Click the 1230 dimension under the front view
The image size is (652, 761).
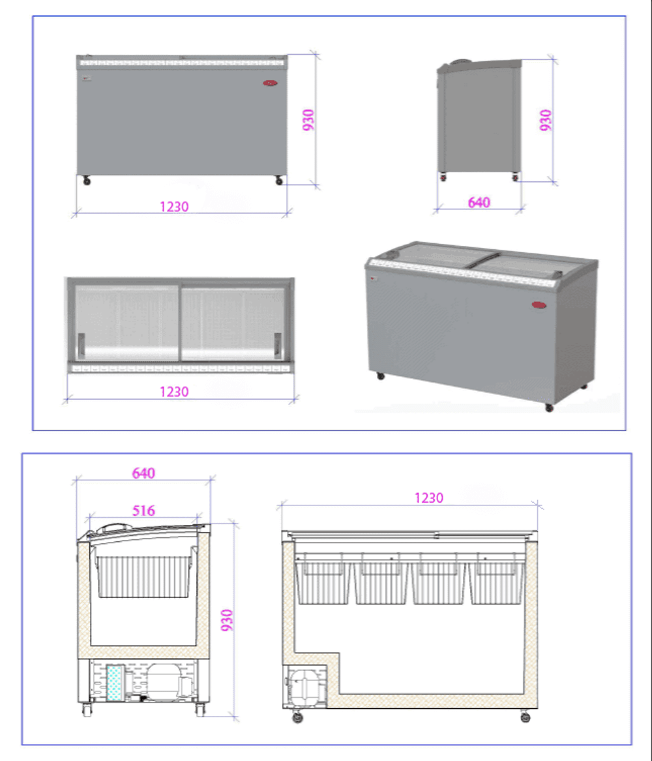pyautogui.click(x=174, y=207)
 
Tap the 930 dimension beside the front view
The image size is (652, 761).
pyautogui.click(x=308, y=120)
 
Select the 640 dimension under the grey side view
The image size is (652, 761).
pyautogui.click(x=479, y=202)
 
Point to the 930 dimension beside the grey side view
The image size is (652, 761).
pyautogui.click(x=546, y=120)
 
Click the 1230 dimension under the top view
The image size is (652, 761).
pyautogui.click(x=174, y=392)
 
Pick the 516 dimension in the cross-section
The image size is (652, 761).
pyautogui.click(x=143, y=511)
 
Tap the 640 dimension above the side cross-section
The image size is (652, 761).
pyautogui.click(x=143, y=473)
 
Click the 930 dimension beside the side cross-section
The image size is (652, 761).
pyautogui.click(x=226, y=620)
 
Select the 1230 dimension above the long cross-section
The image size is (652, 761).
pyautogui.click(x=429, y=498)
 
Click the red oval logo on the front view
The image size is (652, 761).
pyautogui.click(x=270, y=83)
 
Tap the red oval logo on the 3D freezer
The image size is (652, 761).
pyautogui.click(x=539, y=305)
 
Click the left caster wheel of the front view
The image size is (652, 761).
pyautogui.click(x=87, y=181)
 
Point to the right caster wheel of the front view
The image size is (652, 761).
pyautogui.click(x=279, y=181)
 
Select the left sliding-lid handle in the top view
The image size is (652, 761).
pyautogui.click(x=81, y=345)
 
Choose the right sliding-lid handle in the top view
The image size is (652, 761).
pyautogui.click(x=278, y=345)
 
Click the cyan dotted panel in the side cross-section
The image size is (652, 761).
pyautogui.click(x=115, y=683)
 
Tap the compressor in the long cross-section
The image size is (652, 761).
pyautogui.click(x=304, y=687)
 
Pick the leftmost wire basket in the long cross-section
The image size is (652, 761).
pyautogui.click(x=322, y=579)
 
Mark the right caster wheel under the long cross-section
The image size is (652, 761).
pyautogui.click(x=526, y=717)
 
